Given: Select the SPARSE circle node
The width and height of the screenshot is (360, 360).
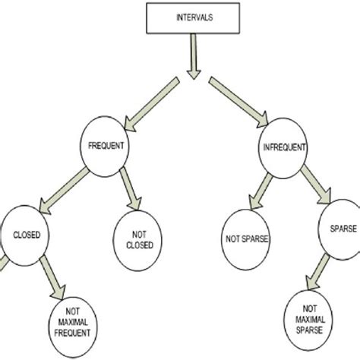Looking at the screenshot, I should [339, 227].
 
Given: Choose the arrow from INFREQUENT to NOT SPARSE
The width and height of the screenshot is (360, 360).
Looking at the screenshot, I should [255, 185].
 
